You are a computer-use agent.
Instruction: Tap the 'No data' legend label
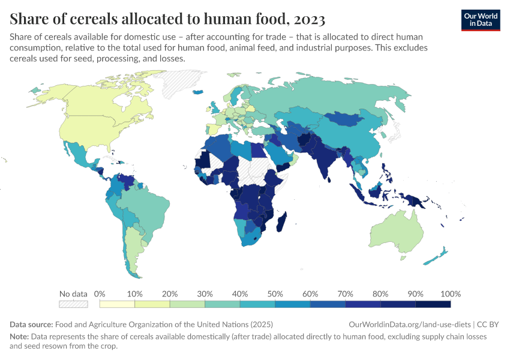click(73, 294)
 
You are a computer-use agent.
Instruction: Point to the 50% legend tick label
click(275, 294)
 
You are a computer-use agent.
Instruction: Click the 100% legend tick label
click(449, 294)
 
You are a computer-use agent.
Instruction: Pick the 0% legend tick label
click(100, 294)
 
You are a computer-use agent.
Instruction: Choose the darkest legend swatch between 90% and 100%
click(433, 304)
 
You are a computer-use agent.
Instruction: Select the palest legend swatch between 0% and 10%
click(117, 304)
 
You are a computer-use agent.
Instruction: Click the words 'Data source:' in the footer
click(32, 324)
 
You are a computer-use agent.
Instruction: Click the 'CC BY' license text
click(490, 324)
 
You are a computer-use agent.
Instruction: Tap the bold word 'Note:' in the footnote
click(20, 337)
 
